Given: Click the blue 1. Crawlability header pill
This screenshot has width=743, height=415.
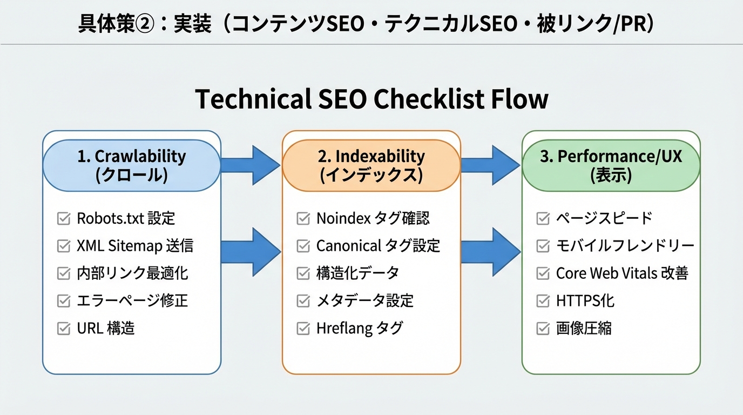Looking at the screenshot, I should pyautogui.click(x=131, y=165).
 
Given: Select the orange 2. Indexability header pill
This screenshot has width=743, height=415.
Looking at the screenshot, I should pyautogui.click(x=371, y=165).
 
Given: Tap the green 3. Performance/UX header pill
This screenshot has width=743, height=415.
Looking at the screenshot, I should pyautogui.click(x=611, y=165).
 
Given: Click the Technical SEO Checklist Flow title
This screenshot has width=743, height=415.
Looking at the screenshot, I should pyautogui.click(x=371, y=99).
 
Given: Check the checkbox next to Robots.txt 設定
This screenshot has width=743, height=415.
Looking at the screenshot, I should pyautogui.click(x=64, y=219).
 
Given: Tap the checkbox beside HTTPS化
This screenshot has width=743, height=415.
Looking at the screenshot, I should pyautogui.click(x=543, y=301).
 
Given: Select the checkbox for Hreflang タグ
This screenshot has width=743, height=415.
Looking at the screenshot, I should pyautogui.click(x=303, y=329).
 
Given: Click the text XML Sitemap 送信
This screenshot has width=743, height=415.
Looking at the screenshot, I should pyautogui.click(x=135, y=246).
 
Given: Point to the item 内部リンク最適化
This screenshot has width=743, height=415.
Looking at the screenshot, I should pyautogui.click(x=132, y=273).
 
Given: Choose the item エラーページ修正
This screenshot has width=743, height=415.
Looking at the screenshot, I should pyautogui.click(x=132, y=301).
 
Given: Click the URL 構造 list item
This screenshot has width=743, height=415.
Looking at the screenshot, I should pyautogui.click(x=106, y=329).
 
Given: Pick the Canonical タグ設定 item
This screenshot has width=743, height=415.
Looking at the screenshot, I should pyautogui.click(x=378, y=246).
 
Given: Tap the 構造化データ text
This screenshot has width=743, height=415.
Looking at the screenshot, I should pyautogui.click(x=357, y=273).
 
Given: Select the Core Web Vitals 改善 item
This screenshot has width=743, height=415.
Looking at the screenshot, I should pyautogui.click(x=622, y=273).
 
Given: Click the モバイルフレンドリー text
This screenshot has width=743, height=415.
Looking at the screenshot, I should pyautogui.click(x=625, y=246).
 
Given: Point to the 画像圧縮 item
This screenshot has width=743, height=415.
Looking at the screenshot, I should pyautogui.click(x=584, y=329).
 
